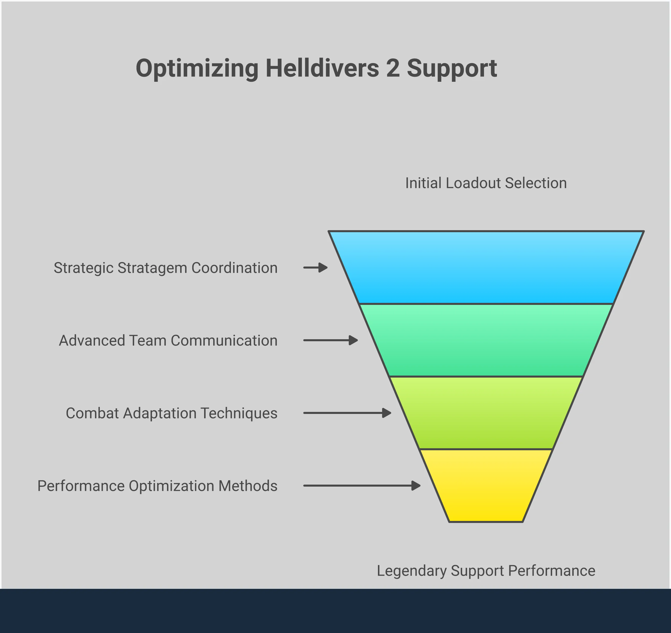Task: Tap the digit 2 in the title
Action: click(x=393, y=68)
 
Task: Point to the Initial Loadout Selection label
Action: click(x=486, y=183)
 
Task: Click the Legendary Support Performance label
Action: click(x=486, y=571)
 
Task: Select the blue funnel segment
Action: click(x=486, y=267)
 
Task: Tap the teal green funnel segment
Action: click(x=486, y=340)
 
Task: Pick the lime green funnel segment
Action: click(x=486, y=413)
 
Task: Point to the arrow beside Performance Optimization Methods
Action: click(x=362, y=486)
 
